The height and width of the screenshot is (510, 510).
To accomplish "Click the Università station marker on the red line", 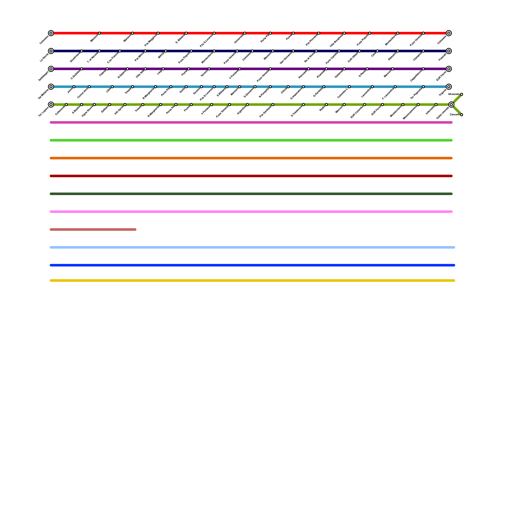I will point(245,33).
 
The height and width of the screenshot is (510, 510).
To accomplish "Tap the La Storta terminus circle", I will point(51,51).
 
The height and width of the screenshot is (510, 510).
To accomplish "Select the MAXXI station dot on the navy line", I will point(166,51).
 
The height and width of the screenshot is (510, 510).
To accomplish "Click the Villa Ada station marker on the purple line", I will point(145,69).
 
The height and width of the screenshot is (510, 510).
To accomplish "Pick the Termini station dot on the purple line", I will point(209,69).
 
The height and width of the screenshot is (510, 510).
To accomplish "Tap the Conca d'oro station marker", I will point(89,87).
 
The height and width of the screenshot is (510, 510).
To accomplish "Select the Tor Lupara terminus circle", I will point(51,105).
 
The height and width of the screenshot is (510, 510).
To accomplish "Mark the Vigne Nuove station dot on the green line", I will point(94,105).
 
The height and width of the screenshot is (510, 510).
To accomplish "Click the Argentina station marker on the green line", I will point(247,105).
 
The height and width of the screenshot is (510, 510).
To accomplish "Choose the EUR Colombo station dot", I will point(365,105).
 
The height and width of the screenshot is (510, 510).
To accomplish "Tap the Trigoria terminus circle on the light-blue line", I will point(449,87).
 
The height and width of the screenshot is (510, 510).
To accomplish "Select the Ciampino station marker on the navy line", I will point(423,51).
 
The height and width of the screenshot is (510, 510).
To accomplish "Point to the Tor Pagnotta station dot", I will point(423,87).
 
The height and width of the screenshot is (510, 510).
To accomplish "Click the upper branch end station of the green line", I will point(462,94).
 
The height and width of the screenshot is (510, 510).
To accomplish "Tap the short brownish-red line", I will point(93,229).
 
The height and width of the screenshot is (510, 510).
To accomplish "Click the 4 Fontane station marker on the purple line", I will point(240,69).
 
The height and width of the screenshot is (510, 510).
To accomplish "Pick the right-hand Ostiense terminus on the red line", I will point(449,33).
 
